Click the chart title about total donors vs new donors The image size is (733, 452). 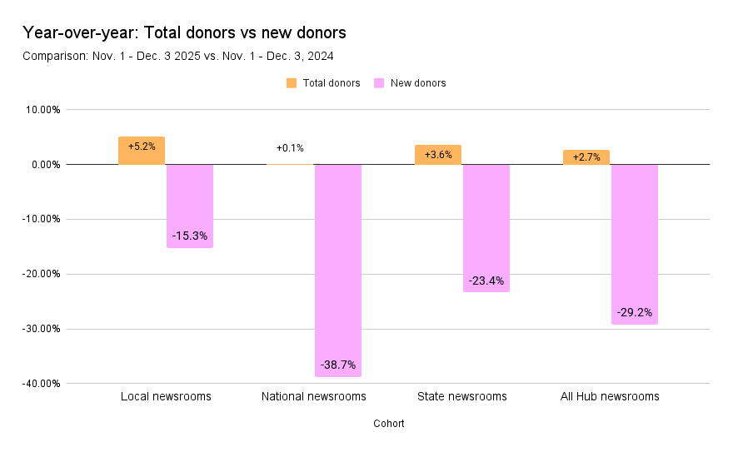[184, 33]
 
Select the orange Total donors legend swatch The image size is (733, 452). [291, 83]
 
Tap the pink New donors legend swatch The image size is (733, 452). [379, 83]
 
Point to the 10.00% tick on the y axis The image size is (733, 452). [40, 110]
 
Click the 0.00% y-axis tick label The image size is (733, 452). [42, 165]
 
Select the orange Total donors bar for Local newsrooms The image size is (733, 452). [142, 151]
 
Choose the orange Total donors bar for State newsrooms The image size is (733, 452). [438, 155]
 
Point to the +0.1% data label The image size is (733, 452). [290, 148]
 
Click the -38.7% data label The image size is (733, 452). [338, 365]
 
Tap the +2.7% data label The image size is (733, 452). [586, 157]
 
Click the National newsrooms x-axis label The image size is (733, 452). [314, 396]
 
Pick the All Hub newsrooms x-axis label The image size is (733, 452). [611, 396]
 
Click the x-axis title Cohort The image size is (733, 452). [389, 424]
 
